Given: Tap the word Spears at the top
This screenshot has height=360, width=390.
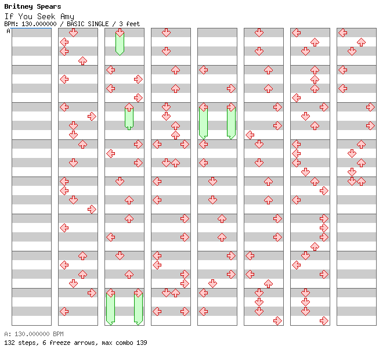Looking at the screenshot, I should (x=48, y=7).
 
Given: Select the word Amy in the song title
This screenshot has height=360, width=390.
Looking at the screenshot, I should (x=67, y=16).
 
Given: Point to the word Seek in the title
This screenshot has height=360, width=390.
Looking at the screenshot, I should (x=45, y=16).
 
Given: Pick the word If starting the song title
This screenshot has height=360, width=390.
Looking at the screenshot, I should (x=9, y=16).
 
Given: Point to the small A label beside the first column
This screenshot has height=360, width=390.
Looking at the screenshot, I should (x=8, y=31).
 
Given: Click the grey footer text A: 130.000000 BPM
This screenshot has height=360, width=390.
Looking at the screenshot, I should (x=34, y=334).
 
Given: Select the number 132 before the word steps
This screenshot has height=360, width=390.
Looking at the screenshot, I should (x=10, y=343).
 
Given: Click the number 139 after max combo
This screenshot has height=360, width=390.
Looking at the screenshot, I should (x=141, y=343).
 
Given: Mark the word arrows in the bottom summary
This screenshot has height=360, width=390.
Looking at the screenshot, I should (x=82, y=343).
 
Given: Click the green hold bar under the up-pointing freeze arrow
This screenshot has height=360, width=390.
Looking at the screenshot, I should (x=129, y=119).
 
